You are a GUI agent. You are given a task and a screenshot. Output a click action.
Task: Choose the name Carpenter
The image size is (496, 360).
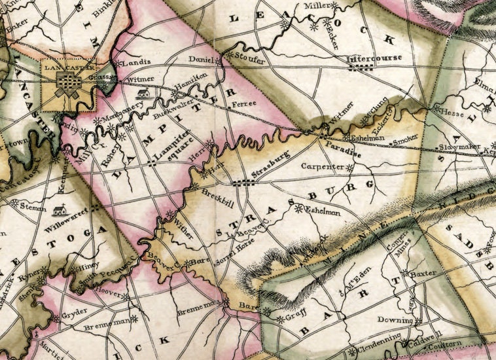click(322, 168)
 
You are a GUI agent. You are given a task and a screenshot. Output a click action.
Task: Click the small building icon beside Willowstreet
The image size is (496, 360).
click(62, 210)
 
